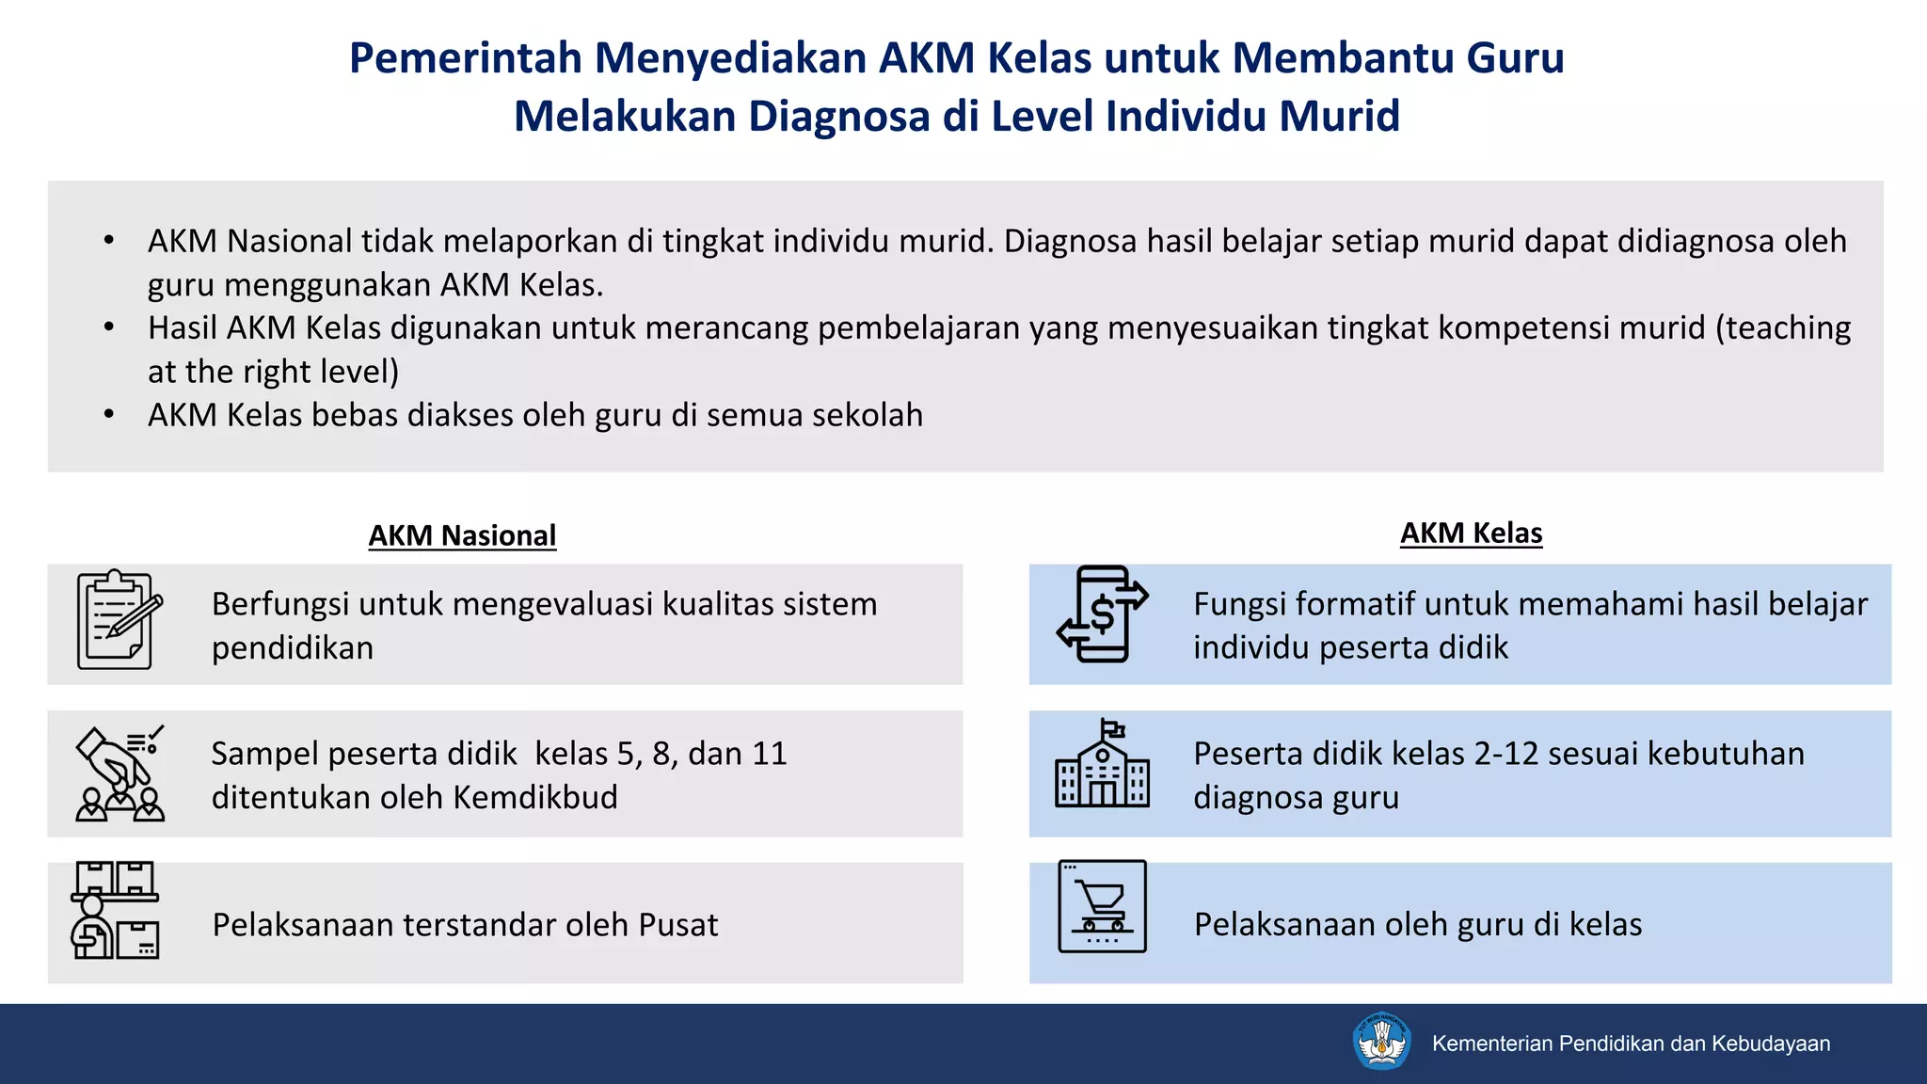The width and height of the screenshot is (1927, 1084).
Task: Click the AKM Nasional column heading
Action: click(x=462, y=535)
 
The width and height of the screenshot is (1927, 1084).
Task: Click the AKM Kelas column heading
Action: click(x=1471, y=533)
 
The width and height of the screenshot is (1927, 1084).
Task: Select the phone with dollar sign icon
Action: click(x=1102, y=614)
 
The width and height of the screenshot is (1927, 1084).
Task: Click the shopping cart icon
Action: click(x=1102, y=906)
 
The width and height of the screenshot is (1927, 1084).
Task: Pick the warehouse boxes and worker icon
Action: click(x=116, y=910)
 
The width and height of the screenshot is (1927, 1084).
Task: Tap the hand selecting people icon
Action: click(x=119, y=773)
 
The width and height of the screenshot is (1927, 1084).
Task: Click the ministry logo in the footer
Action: click(x=1380, y=1042)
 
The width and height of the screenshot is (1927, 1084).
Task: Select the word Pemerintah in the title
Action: click(x=466, y=57)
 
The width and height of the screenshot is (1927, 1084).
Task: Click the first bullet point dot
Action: click(x=109, y=241)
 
